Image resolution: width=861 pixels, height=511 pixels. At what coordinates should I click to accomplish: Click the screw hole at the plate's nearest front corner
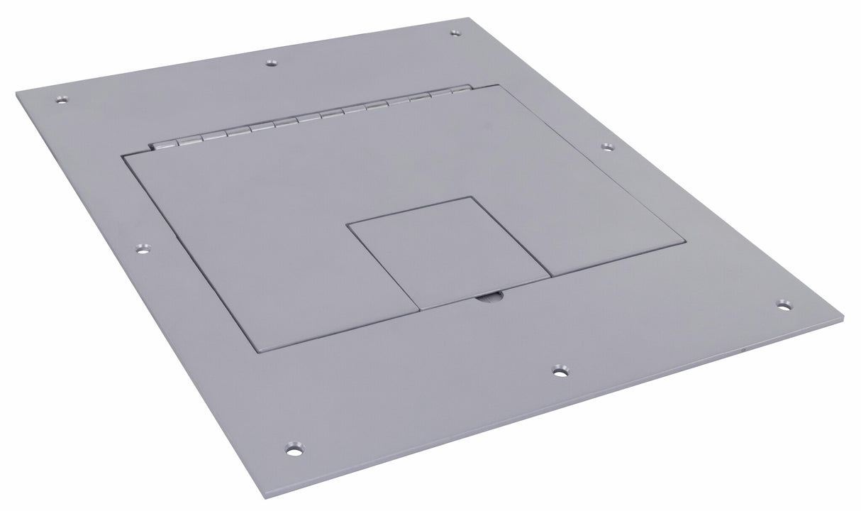coord(292,449)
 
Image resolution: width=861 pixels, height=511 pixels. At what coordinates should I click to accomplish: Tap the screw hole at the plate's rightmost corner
coord(783,304)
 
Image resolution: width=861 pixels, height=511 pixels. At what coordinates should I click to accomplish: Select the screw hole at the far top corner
coord(455,33)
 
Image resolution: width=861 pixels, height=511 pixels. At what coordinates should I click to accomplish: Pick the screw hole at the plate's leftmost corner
coord(62,99)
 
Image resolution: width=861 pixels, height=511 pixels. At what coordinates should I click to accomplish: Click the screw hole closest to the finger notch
coord(560,370)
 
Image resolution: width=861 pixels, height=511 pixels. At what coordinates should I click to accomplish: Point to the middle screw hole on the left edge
coord(142,249)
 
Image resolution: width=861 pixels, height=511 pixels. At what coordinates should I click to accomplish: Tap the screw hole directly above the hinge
coord(270,62)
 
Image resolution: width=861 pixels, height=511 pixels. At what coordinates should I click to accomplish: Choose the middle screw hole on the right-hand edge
coord(607,147)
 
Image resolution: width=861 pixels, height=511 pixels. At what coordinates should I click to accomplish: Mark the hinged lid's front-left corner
coord(257,350)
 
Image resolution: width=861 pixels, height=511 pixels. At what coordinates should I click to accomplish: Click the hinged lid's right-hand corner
coord(685,242)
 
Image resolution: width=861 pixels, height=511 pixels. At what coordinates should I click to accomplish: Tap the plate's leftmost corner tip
coord(16,93)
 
